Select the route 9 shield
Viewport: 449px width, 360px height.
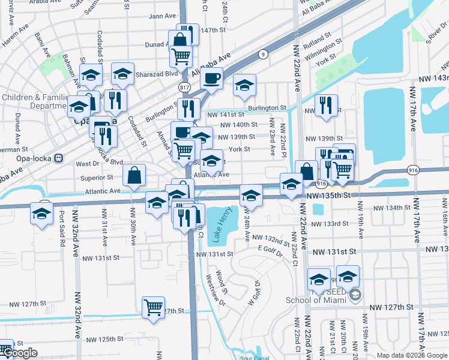click(x=263, y=55)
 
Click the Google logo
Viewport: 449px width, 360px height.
click(x=20, y=353)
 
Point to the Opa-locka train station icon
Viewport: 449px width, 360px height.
click(x=58, y=159)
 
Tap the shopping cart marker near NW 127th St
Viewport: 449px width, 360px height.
click(x=154, y=308)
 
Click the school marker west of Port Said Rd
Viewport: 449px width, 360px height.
click(x=41, y=214)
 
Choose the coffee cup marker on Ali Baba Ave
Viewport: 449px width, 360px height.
click(x=211, y=79)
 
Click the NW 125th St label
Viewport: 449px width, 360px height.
click(x=103, y=339)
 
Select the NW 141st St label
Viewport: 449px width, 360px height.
click(x=226, y=114)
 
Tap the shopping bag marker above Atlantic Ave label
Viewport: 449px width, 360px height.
click(x=135, y=175)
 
